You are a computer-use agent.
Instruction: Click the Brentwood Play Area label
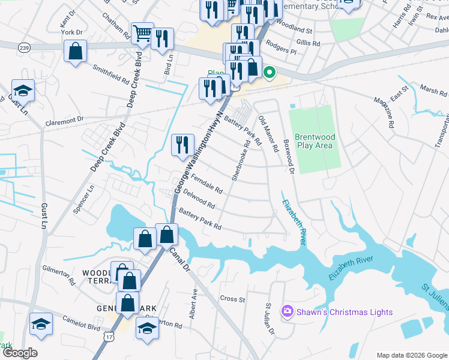(x=315, y=142)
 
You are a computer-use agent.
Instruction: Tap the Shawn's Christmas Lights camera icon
(x=288, y=311)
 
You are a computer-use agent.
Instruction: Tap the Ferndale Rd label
(x=206, y=184)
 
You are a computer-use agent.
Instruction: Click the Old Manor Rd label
(x=268, y=133)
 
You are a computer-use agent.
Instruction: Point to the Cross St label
(x=233, y=299)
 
